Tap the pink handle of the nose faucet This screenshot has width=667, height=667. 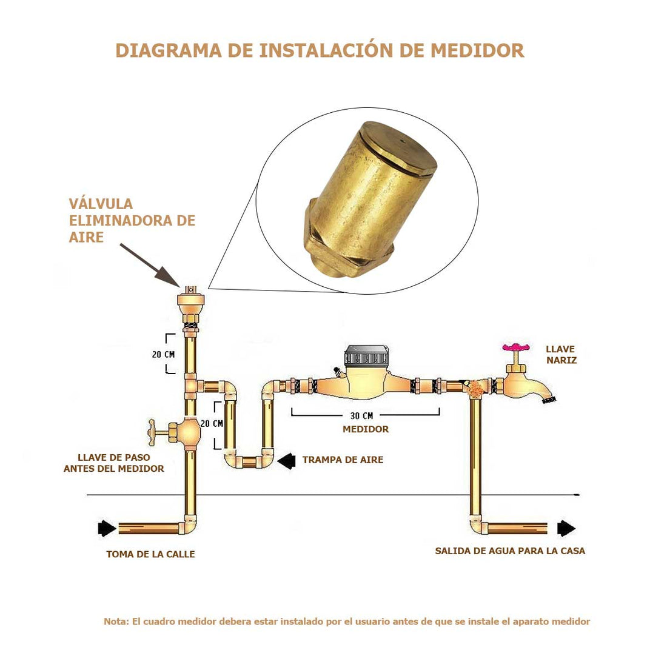tap(516, 347)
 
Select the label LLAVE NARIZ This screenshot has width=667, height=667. tap(561, 355)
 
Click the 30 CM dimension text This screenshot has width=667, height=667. tap(361, 416)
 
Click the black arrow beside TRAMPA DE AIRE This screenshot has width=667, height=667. tap(286, 460)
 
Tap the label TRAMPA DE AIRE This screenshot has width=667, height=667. tap(343, 460)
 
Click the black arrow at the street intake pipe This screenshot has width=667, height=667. tap(107, 528)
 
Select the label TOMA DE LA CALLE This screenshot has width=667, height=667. tap(150, 554)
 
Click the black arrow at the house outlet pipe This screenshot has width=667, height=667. tap(566, 529)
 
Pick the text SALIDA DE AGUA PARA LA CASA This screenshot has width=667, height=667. tap(510, 551)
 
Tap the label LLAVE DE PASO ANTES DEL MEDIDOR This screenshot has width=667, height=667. tap(114, 463)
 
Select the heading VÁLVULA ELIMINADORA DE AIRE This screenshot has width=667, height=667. tap(132, 221)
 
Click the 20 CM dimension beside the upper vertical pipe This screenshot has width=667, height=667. tap(163, 354)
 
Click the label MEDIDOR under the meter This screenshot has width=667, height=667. tap(366, 429)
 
